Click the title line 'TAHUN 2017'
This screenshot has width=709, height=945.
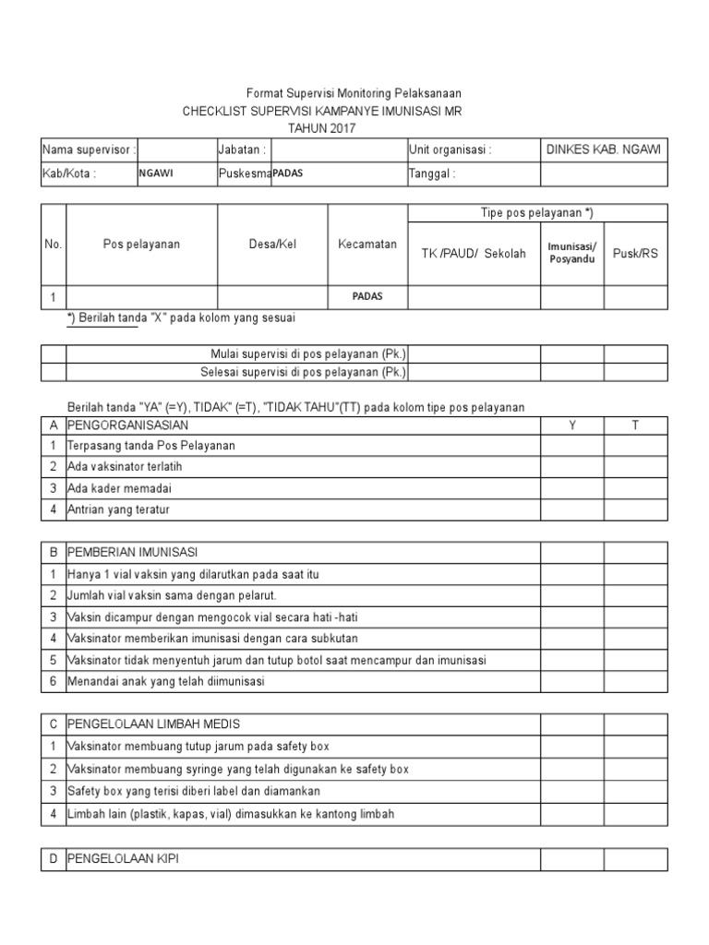pos(321,128)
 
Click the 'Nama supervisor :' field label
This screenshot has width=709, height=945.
pos(90,150)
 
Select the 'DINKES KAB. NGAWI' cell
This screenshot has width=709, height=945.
pos(603,150)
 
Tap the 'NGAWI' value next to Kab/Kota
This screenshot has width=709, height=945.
pos(158,173)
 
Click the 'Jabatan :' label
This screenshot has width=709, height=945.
pos(243,150)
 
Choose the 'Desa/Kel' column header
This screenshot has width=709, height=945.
pos(272,245)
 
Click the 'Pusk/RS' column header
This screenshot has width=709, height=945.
pos(635,253)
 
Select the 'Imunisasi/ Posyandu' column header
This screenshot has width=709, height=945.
pos(572,253)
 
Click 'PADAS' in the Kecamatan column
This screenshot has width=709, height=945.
pos(367,297)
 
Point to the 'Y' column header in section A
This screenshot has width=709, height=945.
pos(571,425)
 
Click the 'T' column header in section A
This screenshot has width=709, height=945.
pos(634,425)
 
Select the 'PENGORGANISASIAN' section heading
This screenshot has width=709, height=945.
pos(128,425)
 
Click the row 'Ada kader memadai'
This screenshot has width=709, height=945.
pos(120,488)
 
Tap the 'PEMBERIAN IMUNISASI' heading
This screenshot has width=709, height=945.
pos(133,553)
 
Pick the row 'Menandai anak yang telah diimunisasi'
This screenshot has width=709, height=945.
pos(166,682)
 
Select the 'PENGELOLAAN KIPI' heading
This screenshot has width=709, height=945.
pos(124,859)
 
